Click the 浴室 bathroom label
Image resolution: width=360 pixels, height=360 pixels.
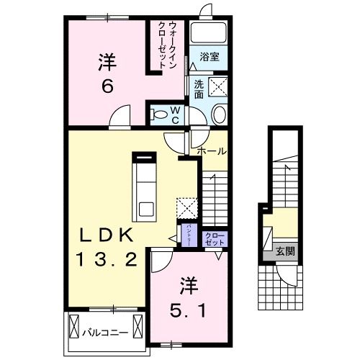click(x=210, y=55)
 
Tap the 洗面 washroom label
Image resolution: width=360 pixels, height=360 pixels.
click(x=199, y=89)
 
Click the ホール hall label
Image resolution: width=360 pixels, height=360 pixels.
click(x=212, y=151)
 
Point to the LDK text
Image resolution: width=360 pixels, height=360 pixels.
click(x=106, y=235)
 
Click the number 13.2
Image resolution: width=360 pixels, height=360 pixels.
click(x=106, y=259)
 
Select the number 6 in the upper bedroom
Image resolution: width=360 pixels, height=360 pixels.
click(x=106, y=88)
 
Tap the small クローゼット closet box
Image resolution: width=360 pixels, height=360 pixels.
click(x=214, y=239)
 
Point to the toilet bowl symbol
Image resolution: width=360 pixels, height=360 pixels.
click(x=219, y=113)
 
